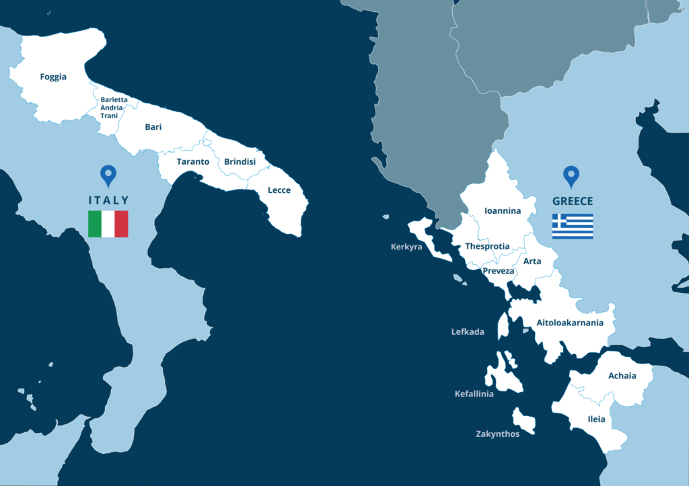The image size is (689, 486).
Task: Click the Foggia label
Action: pyautogui.click(x=53, y=77)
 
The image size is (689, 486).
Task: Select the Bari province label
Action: pyautogui.click(x=153, y=126)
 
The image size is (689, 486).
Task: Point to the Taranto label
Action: pyautogui.click(x=193, y=162)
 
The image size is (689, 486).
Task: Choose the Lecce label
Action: pyautogui.click(x=279, y=190)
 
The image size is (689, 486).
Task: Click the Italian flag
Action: pyautogui.click(x=108, y=224)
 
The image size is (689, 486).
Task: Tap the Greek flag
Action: pyautogui.click(x=573, y=227)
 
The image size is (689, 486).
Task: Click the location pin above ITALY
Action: pyautogui.click(x=108, y=176)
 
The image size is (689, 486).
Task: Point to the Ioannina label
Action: pyautogui.click(x=503, y=211)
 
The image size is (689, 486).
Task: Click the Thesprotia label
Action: pyautogui.click(x=487, y=247)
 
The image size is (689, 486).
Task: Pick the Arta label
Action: pyautogui.click(x=532, y=261)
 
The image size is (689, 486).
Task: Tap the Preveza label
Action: pyautogui.click(x=499, y=272)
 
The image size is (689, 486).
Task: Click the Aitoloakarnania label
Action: pyautogui.click(x=570, y=323)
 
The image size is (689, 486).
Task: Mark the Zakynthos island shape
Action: pyautogui.click(x=523, y=421)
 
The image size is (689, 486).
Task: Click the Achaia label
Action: pyautogui.click(x=622, y=376)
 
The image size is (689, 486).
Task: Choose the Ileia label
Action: pyautogui.click(x=596, y=419)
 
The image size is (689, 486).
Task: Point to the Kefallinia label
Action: pyautogui.click(x=474, y=394)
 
